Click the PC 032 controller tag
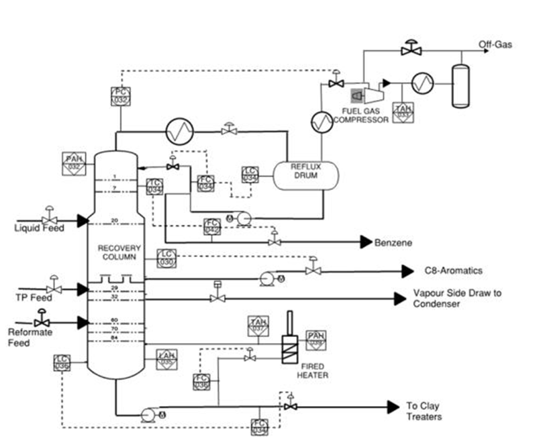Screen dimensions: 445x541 (120, 96)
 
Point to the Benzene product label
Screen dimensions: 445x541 (393, 242)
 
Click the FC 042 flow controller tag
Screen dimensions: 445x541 (212, 226)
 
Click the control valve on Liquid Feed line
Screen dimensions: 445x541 (48, 219)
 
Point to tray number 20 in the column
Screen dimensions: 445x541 (115, 221)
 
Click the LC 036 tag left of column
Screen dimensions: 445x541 (62, 363)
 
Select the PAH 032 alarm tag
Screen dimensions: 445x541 (74, 162)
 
